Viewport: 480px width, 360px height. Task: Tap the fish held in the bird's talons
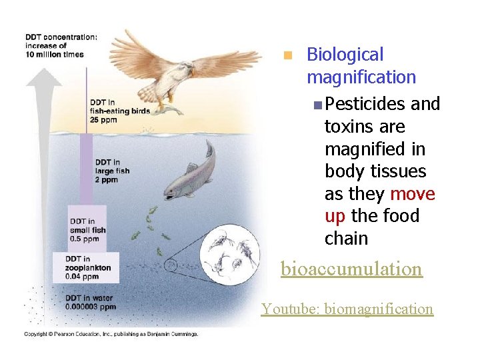click(168, 107)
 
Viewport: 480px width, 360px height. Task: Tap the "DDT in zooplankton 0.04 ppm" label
click(88, 267)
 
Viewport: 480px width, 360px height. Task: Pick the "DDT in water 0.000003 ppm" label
click(90, 302)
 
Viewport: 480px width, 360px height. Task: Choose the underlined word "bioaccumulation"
click(351, 269)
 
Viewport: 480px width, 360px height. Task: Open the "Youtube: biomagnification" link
click(347, 309)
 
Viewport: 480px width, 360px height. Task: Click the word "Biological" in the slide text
click(345, 55)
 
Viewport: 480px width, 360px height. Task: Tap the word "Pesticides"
click(366, 104)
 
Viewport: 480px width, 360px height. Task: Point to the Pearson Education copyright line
click(111, 333)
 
